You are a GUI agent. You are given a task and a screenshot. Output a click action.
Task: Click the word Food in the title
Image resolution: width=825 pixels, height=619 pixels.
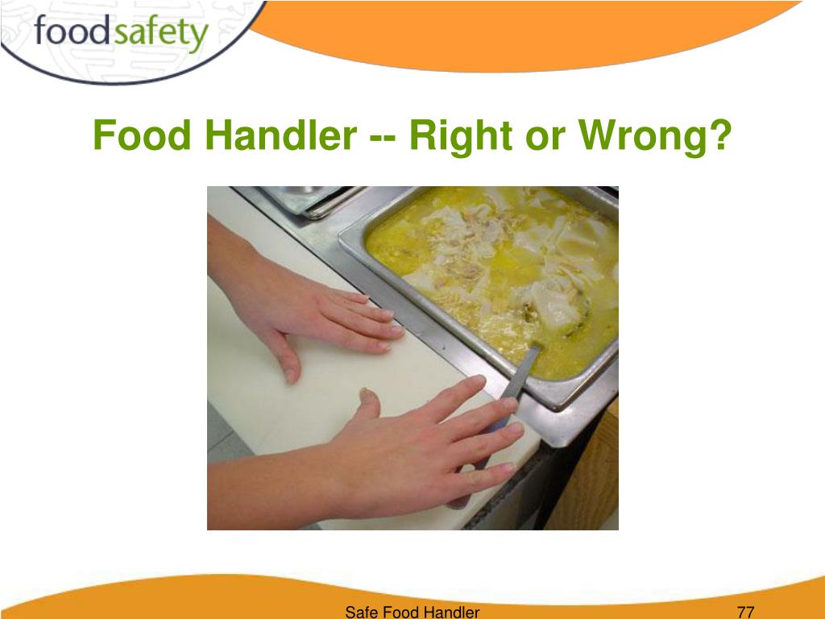143,135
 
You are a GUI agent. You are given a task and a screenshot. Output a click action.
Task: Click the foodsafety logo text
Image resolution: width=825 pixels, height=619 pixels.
121,34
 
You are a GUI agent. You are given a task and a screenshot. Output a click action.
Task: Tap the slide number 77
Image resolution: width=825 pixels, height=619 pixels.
745,612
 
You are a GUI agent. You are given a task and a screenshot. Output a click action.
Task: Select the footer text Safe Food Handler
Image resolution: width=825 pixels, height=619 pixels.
412,612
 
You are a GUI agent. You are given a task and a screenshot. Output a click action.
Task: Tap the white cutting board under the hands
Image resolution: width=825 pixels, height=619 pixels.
266,419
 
